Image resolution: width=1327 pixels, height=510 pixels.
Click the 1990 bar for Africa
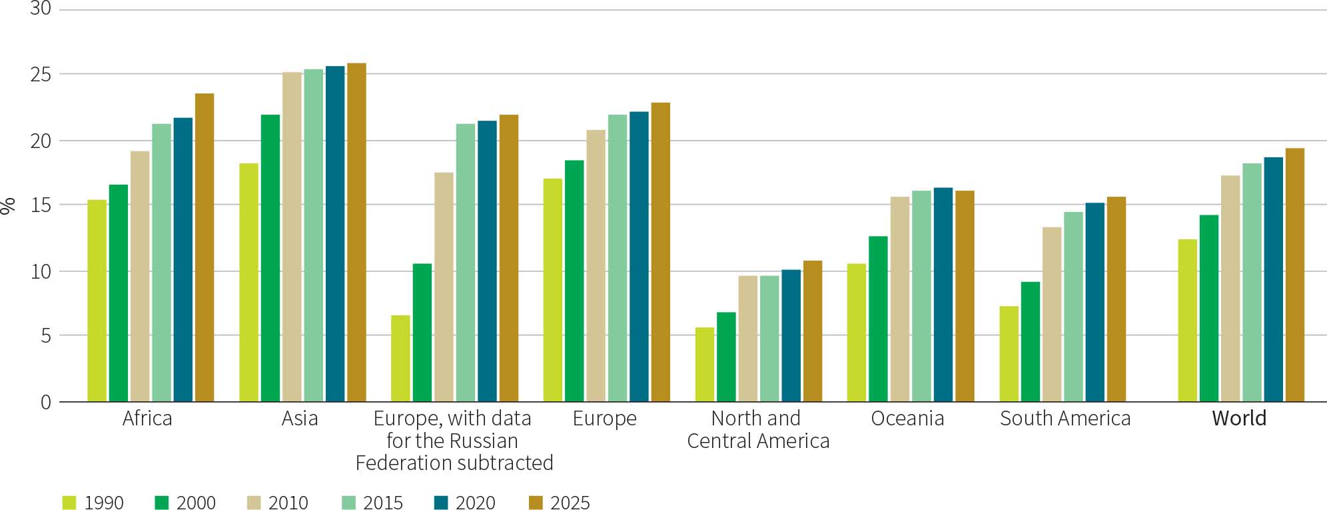pyautogui.click(x=97, y=301)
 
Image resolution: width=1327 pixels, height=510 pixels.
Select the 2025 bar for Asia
pyautogui.click(x=356, y=233)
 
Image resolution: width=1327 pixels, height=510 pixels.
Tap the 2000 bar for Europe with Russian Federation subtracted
pyautogui.click(x=422, y=333)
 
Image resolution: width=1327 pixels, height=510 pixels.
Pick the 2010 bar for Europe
pyautogui.click(x=596, y=266)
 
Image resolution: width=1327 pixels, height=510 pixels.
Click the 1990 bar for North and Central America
pyautogui.click(x=705, y=365)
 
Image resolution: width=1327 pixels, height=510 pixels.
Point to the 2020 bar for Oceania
pyautogui.click(x=943, y=295)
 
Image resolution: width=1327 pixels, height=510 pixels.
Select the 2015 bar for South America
pyautogui.click(x=1073, y=307)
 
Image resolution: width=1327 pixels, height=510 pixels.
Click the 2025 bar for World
pyautogui.click(x=1294, y=275)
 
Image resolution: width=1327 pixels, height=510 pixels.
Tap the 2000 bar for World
pyautogui.click(x=1208, y=308)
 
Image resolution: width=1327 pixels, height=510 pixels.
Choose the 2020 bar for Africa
pyautogui.click(x=183, y=260)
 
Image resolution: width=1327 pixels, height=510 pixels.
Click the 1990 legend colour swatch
pyautogui.click(x=69, y=502)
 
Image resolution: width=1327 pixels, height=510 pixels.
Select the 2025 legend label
pyautogui.click(x=570, y=503)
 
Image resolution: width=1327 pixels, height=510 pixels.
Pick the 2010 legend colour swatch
pyautogui.click(x=254, y=502)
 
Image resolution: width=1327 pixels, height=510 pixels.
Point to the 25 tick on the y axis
pyautogui.click(x=41, y=74)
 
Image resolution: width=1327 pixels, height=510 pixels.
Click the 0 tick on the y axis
pyautogui.click(x=45, y=402)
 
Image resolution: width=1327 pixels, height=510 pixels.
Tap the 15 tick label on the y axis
pyautogui.click(x=41, y=205)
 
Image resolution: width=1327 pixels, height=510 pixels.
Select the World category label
pyautogui.click(x=1239, y=419)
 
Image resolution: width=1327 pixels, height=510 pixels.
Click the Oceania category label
pyautogui.click(x=907, y=419)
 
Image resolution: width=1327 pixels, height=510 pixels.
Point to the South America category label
pyautogui.click(x=1065, y=419)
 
